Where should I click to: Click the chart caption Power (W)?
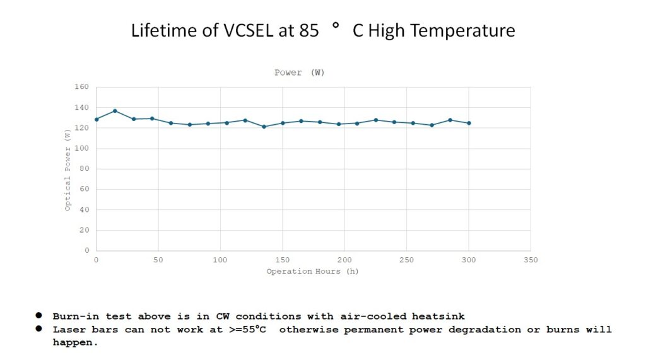click(x=300, y=73)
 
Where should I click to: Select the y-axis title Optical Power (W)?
click(x=68, y=169)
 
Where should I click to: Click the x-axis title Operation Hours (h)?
click(x=312, y=272)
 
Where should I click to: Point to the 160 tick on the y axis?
click(x=83, y=87)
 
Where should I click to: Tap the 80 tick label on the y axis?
click(x=85, y=169)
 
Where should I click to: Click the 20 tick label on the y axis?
click(x=85, y=230)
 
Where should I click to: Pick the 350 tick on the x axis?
click(x=531, y=260)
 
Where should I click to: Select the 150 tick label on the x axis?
click(x=282, y=260)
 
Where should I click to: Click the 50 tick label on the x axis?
click(x=158, y=260)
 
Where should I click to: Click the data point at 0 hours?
click(x=97, y=119)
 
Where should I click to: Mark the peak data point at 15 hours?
click(x=115, y=111)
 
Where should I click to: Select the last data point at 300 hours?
click(x=469, y=123)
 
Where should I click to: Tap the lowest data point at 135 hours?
click(x=264, y=127)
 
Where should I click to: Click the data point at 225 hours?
click(x=375, y=120)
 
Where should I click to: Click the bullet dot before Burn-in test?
click(x=39, y=315)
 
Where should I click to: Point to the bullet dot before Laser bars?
click(x=39, y=329)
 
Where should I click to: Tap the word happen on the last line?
click(x=74, y=344)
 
